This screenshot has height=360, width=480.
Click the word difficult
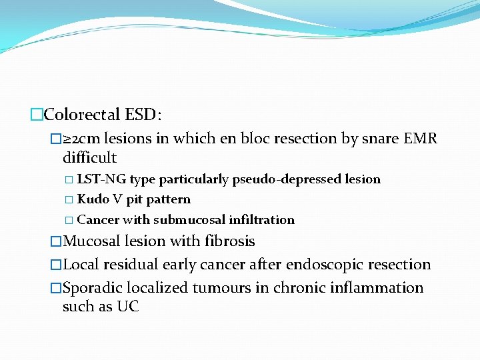coord(89,158)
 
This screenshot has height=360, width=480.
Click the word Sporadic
coord(91,288)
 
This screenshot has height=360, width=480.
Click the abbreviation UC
coord(128,307)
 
